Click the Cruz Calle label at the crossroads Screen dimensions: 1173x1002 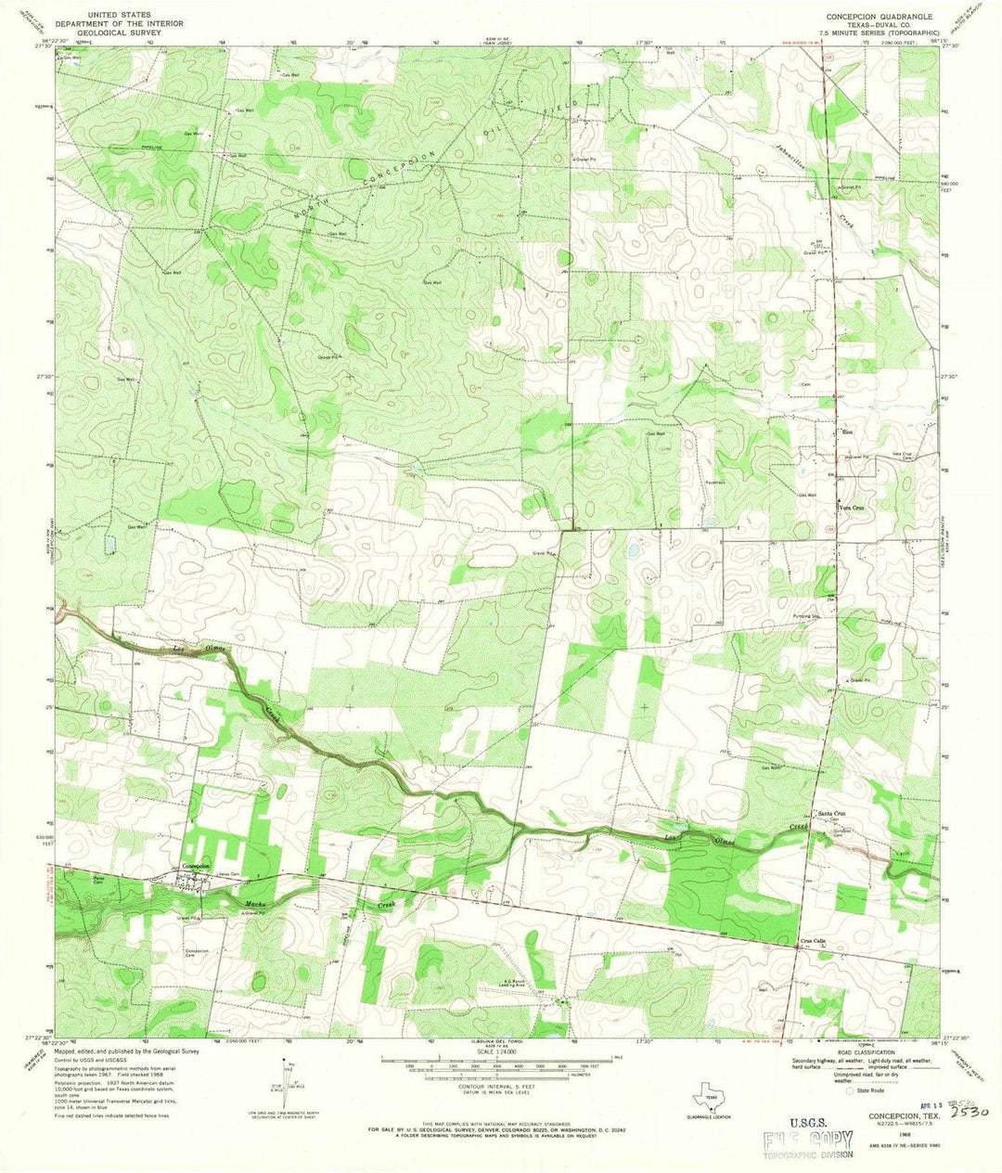pos(813,940)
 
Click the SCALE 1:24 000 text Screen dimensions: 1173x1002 pos(501,1051)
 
